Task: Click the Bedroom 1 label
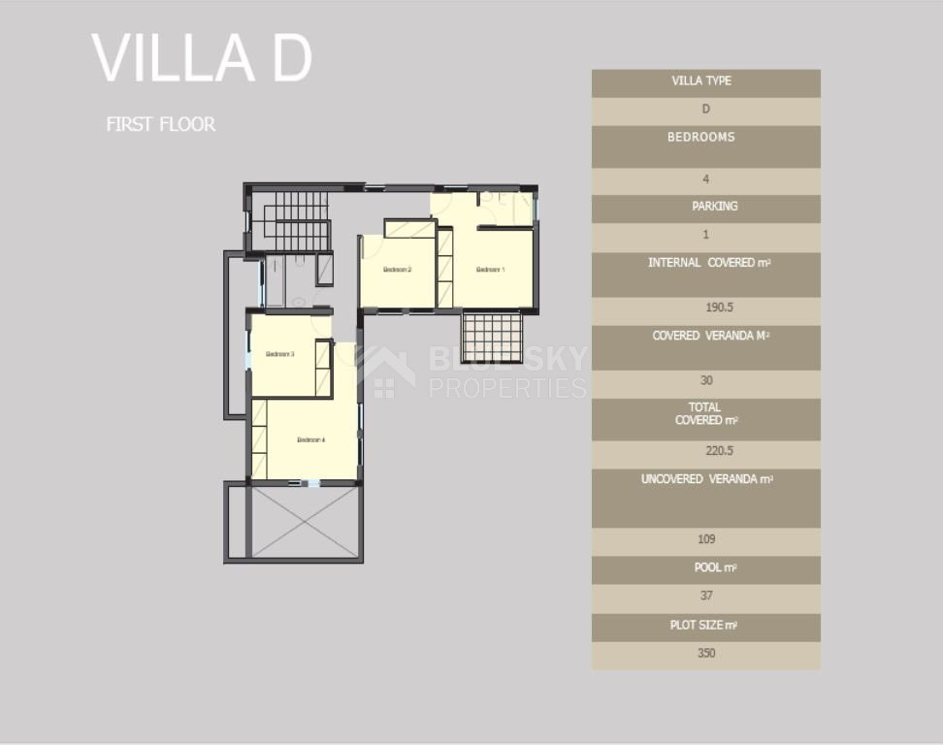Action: click(x=490, y=270)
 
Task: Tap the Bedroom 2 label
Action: click(x=398, y=270)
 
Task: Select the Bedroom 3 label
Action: click(x=279, y=355)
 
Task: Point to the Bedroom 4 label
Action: click(x=310, y=440)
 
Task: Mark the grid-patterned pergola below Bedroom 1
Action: click(x=492, y=337)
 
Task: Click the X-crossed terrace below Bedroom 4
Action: click(x=305, y=522)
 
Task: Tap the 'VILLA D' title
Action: click(x=202, y=58)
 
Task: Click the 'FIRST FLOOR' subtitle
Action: click(x=161, y=124)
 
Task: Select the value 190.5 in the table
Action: click(x=705, y=308)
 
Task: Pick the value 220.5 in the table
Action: click(x=705, y=450)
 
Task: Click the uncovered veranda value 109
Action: click(x=705, y=539)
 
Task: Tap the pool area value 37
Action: click(x=705, y=596)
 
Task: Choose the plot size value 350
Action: click(x=705, y=653)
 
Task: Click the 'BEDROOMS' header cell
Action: click(x=701, y=138)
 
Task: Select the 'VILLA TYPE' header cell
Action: click(x=701, y=81)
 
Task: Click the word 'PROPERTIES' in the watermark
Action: click(x=507, y=388)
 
